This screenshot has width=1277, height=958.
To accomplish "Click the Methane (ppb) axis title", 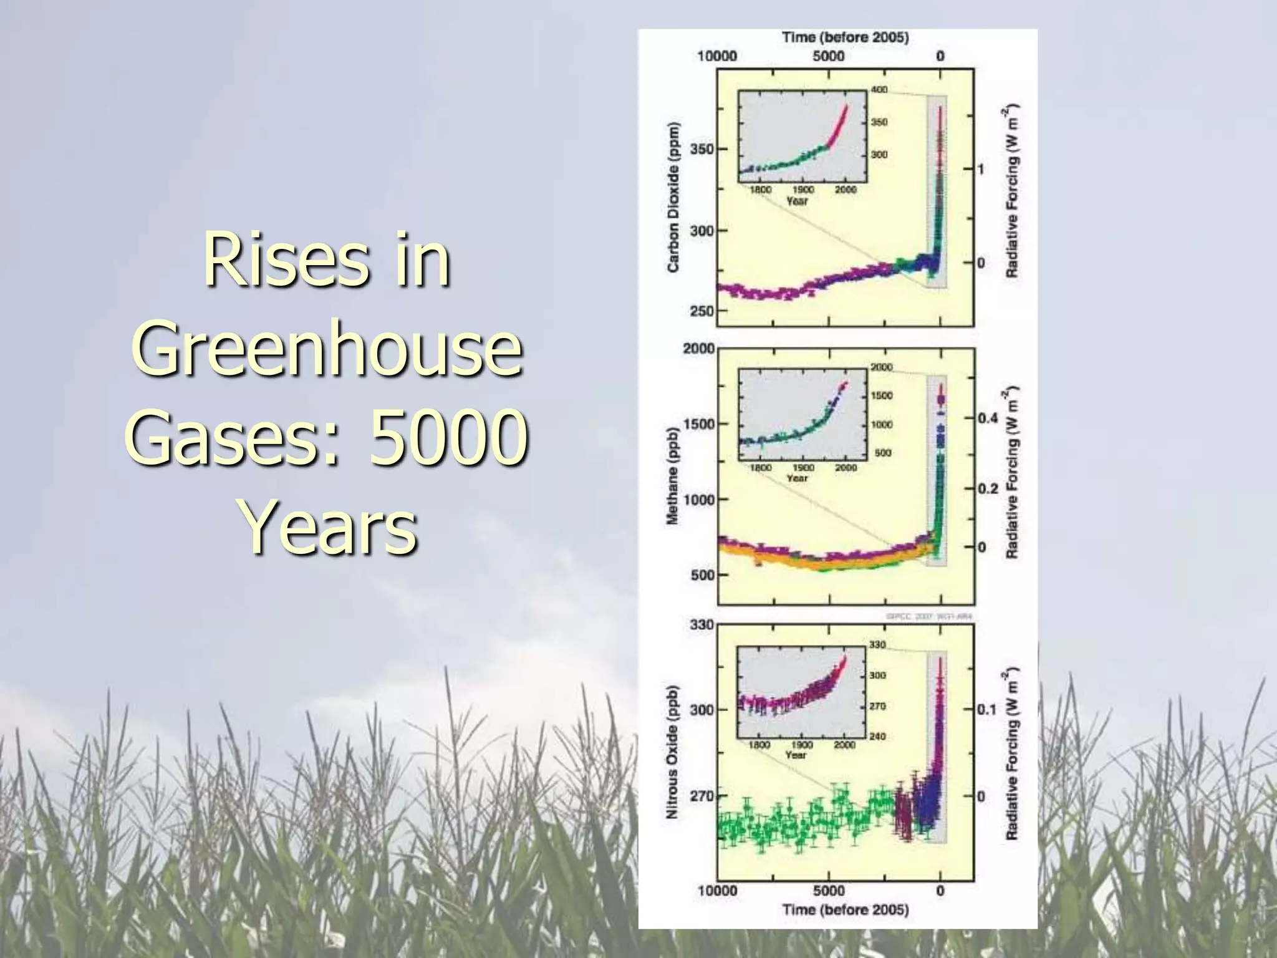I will (673, 476).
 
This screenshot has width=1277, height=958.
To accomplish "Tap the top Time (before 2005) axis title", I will (846, 37).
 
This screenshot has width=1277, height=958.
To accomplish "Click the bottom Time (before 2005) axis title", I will (846, 910).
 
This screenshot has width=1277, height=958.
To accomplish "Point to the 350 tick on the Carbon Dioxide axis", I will (701, 149).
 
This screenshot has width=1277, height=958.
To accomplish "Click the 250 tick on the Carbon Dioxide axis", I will (701, 311).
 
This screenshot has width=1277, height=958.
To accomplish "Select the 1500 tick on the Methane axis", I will (699, 424).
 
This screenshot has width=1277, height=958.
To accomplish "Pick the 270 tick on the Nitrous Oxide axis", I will (701, 796).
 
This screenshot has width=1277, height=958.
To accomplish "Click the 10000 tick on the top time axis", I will (717, 56).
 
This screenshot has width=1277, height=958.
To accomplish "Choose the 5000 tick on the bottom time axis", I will (829, 891).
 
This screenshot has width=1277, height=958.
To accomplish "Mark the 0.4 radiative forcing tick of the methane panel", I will (988, 417).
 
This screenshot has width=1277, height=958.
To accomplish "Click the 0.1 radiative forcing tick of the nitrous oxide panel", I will (986, 710).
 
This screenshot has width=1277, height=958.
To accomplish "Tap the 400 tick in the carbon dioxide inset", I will (879, 90).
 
